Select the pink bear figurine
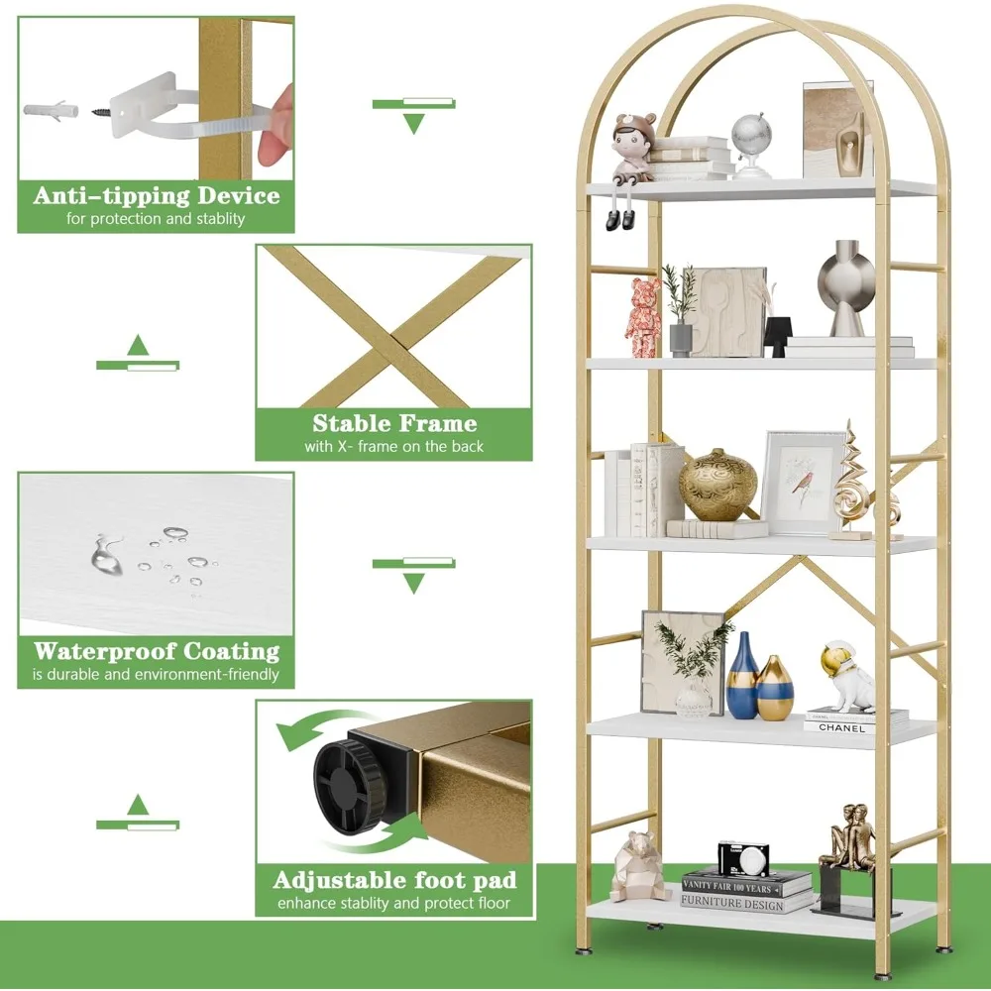point(644,316)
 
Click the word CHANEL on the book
point(841,728)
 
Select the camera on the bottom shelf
point(743,857)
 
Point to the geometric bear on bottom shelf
point(640,866)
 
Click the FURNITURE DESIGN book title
point(732,904)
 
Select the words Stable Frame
point(394,424)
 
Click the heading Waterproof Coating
point(157,652)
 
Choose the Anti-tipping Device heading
point(157,195)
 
